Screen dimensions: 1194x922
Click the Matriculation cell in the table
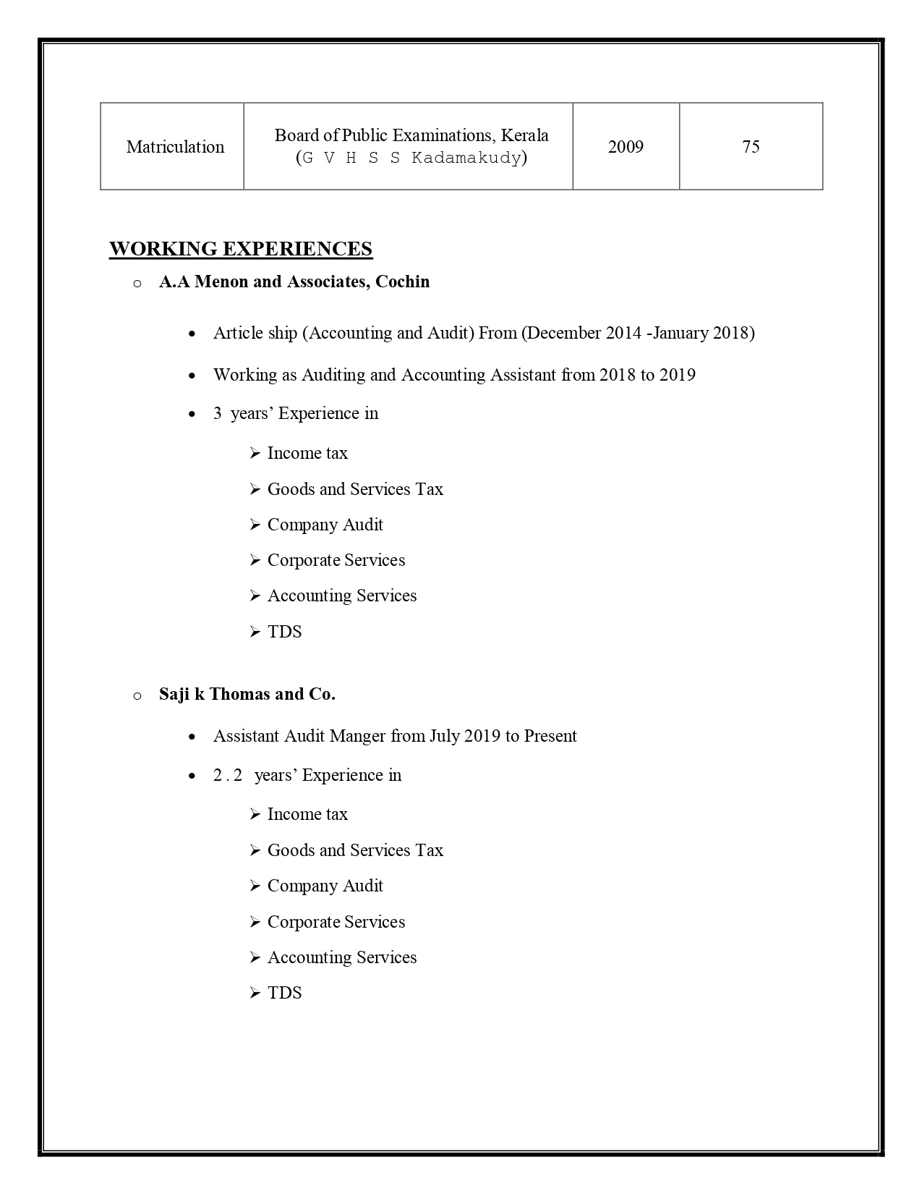pos(175,147)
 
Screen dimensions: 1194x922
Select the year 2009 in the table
pos(626,147)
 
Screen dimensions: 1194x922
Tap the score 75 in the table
pos(751,147)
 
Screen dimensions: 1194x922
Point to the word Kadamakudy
pos(466,158)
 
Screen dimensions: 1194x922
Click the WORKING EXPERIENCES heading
pos(241,249)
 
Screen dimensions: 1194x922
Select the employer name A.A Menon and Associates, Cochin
pos(294,281)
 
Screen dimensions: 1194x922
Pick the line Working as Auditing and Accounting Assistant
pos(454,375)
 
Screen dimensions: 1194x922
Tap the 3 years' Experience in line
pos(296,413)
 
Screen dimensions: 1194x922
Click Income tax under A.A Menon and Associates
pos(307,453)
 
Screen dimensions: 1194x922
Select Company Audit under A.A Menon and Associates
pos(325,525)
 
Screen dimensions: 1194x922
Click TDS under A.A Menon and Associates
pos(284,632)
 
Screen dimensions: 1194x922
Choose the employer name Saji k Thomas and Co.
pos(247,694)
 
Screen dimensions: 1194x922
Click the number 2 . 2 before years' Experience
pos(227,775)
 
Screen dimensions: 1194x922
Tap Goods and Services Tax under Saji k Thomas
pos(355,850)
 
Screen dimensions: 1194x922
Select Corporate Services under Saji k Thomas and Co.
pos(336,922)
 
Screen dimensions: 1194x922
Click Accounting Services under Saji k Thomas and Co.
pos(342,957)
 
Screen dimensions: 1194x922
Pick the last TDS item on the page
pos(284,993)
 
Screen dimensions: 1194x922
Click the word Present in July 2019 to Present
pos(550,736)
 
